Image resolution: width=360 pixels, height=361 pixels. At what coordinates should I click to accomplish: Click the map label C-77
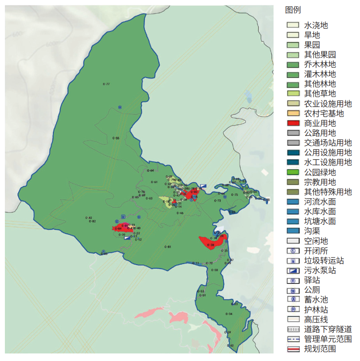pyautogui.click(x=106, y=84)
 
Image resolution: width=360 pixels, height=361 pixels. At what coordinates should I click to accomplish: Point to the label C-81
pyautogui.click(x=168, y=247)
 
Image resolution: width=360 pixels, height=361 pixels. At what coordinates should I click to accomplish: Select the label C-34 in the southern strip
pyautogui.click(x=229, y=314)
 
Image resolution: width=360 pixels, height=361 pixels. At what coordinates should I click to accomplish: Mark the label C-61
pyautogui.click(x=154, y=182)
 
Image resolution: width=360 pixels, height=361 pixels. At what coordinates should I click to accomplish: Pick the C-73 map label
pyautogui.click(x=218, y=201)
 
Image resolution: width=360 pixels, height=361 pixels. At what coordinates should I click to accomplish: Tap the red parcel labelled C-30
pyautogui.click(x=211, y=245)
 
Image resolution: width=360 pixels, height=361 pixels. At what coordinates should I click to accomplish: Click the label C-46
pyautogui.click(x=180, y=213)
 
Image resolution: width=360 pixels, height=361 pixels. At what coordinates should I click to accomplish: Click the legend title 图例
pyautogui.click(x=293, y=10)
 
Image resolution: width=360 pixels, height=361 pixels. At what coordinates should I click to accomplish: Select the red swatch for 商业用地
pyautogui.click(x=293, y=123)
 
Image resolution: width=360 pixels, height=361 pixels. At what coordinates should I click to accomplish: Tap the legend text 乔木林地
pyautogui.click(x=320, y=64)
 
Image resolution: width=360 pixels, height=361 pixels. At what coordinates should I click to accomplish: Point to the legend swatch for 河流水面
pyautogui.click(x=293, y=202)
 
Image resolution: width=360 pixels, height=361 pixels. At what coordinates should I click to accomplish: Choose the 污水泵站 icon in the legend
pyautogui.click(x=293, y=270)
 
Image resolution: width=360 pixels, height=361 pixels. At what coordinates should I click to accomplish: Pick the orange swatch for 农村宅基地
pyautogui.click(x=293, y=113)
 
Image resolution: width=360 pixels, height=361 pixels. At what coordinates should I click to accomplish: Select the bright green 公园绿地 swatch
pyautogui.click(x=293, y=172)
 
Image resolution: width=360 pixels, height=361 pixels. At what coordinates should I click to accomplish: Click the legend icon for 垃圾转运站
pyautogui.click(x=293, y=260)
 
